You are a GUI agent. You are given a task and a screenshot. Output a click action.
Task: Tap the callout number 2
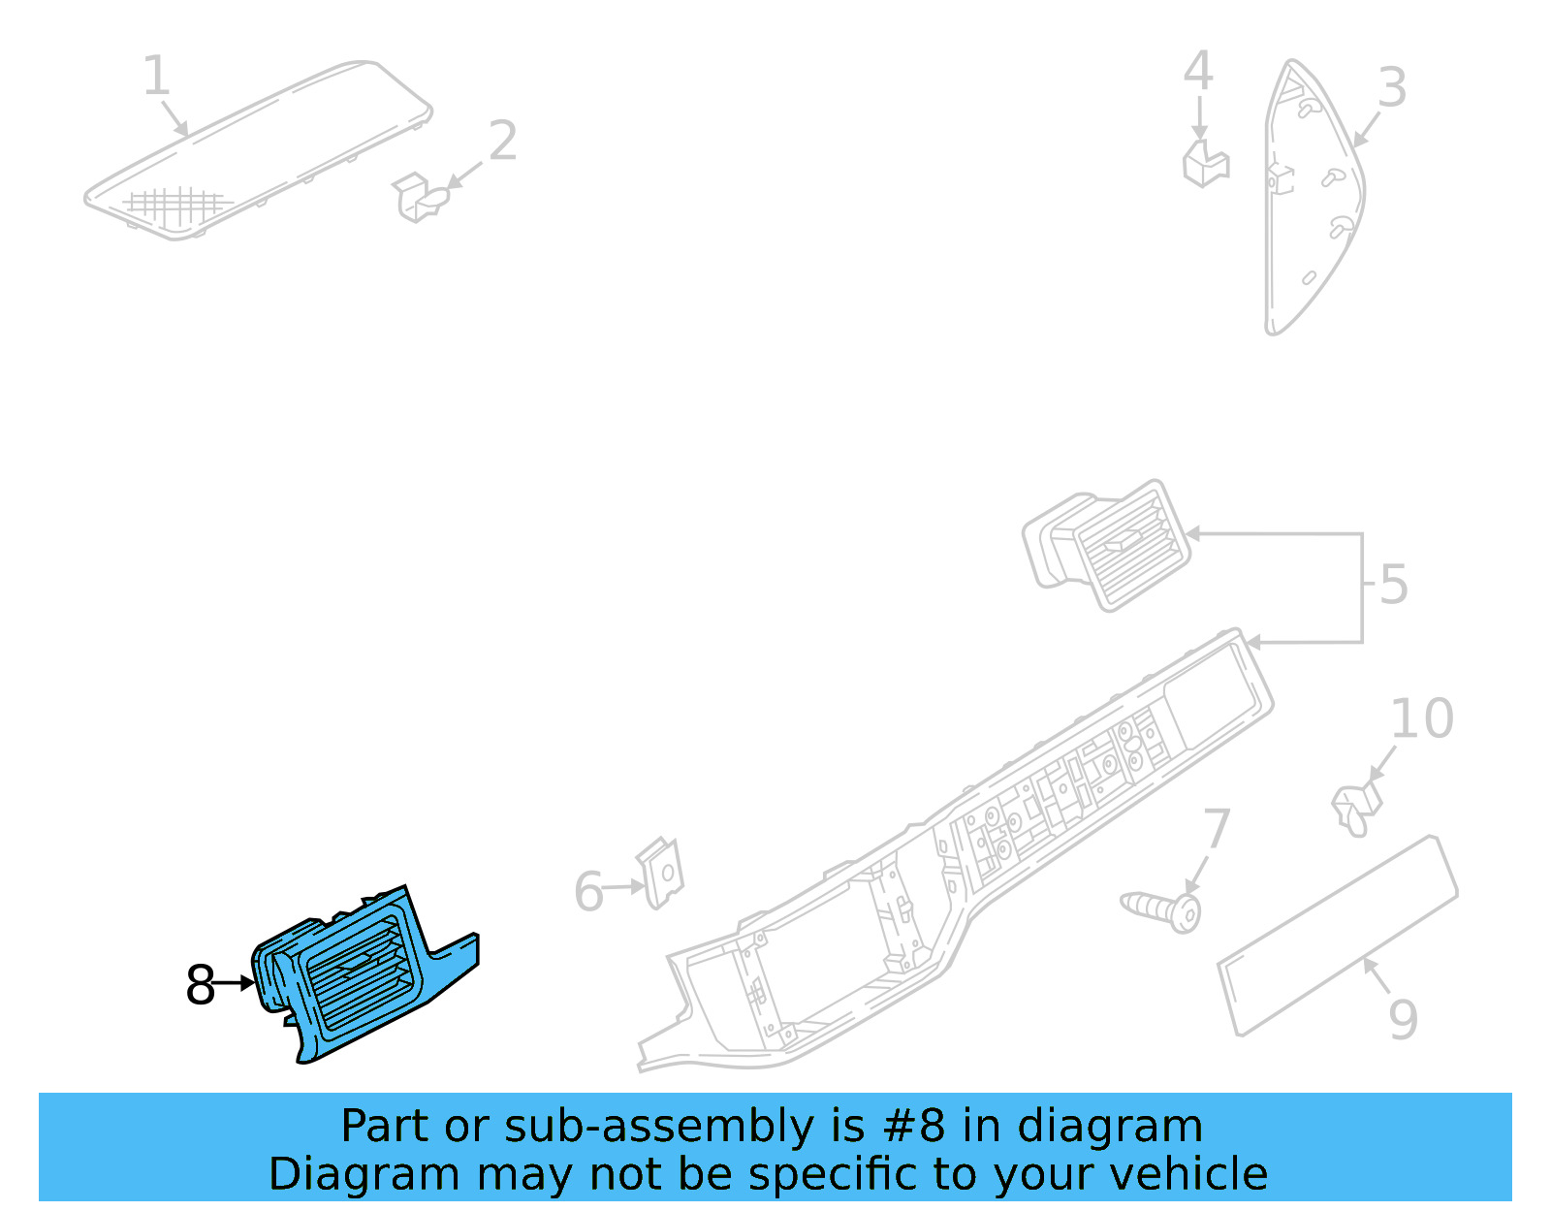tap(502, 142)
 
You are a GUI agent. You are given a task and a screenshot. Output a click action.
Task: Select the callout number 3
tap(1392, 88)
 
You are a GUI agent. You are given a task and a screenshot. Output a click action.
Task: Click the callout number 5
tap(1393, 585)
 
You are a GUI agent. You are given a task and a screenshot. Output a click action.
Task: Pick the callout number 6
tap(588, 892)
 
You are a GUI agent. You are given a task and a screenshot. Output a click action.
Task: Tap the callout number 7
tap(1217, 830)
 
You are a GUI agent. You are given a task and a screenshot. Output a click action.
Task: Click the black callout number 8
tap(200, 985)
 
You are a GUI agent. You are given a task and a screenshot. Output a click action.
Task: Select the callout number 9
tap(1403, 1019)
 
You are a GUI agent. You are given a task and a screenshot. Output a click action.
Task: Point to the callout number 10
tap(1422, 718)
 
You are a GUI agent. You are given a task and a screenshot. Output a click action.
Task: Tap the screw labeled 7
tap(1163, 909)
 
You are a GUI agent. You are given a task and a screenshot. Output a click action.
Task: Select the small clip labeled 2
tap(420, 197)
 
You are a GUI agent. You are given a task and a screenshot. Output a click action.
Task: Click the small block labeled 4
tap(1205, 163)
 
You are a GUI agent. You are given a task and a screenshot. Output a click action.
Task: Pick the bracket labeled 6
tap(660, 873)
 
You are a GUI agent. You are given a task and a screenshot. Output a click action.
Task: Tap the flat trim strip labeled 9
tap(1338, 936)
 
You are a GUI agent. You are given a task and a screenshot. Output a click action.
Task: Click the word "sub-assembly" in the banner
tap(659, 1127)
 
